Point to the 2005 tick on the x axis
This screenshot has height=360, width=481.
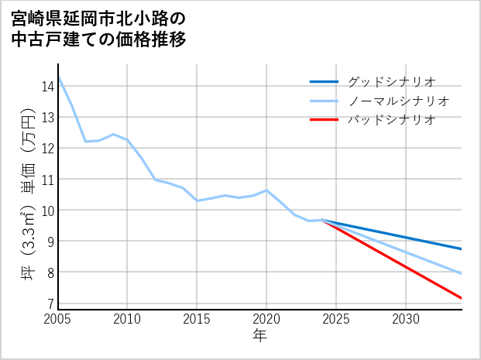tap(58, 319)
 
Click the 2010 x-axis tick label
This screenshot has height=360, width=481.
tap(128, 319)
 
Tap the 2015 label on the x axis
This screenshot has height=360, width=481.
tap(198, 319)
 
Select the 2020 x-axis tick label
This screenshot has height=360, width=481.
tap(266, 319)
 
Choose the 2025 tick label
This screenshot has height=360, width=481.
tap(336, 319)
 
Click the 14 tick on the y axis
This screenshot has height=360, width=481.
tap(47, 86)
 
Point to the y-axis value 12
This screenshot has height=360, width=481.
tap(47, 148)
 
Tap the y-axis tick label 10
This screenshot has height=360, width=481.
tap(47, 210)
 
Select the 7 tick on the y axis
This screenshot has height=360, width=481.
tap(50, 303)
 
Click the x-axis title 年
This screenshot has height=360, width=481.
tap(260, 336)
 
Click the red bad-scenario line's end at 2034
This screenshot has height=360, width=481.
tap(462, 298)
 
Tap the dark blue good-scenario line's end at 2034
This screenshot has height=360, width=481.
tap(462, 249)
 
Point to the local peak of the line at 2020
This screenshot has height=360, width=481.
tap(266, 190)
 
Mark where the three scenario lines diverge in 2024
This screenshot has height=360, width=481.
tap(322, 220)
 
